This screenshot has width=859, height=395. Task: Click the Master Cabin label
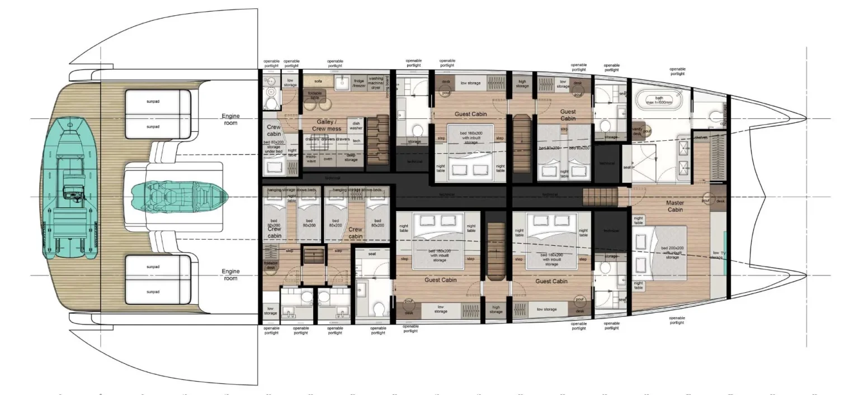675,206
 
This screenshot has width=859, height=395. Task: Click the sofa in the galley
318,82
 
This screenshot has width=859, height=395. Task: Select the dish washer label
356,126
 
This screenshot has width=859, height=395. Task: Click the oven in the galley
328,159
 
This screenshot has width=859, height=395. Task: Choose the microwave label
311,159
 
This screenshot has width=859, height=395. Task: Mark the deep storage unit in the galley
351,159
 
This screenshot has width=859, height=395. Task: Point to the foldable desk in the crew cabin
271,266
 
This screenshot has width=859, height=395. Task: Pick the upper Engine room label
230,120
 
